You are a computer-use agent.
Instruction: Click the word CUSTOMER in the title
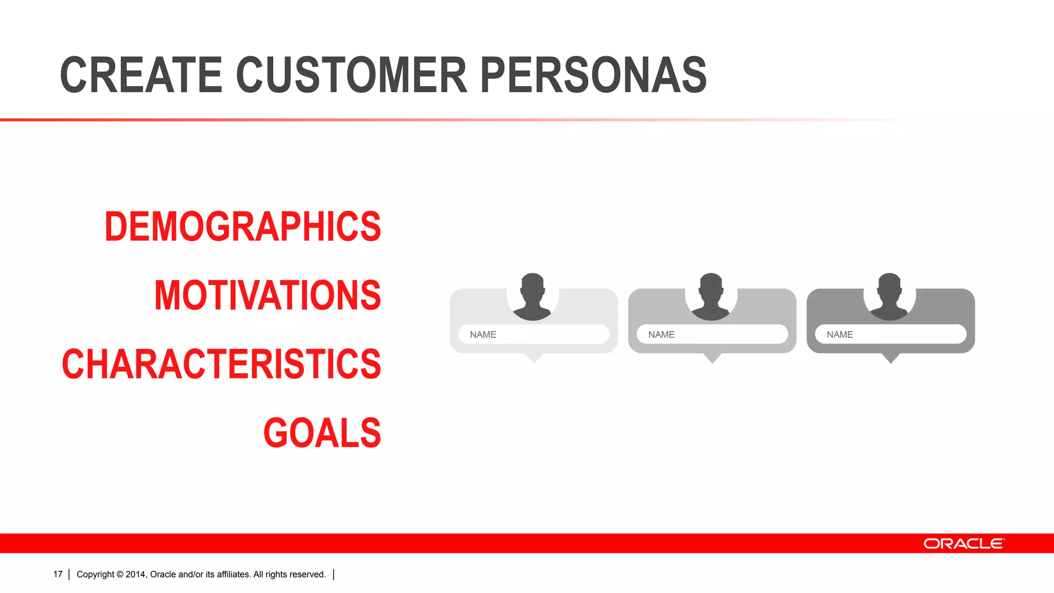352,76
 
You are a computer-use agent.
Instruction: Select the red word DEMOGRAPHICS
242,226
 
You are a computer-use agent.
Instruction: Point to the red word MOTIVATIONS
268,295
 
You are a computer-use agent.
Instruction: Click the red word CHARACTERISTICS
221,364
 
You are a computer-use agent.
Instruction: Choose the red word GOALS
322,433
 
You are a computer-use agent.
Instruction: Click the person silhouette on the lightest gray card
533,297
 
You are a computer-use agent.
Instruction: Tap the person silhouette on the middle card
711,297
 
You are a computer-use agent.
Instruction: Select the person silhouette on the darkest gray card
889,297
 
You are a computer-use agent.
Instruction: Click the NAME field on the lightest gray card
534,334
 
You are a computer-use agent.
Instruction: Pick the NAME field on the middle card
712,334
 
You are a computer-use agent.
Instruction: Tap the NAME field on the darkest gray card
890,334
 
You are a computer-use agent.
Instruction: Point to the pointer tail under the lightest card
534,358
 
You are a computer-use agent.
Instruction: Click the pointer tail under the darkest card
890,358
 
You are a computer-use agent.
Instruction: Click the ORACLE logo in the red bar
963,544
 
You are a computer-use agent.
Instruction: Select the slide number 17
58,574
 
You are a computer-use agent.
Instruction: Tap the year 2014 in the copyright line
136,574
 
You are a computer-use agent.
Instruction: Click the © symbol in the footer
120,574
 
